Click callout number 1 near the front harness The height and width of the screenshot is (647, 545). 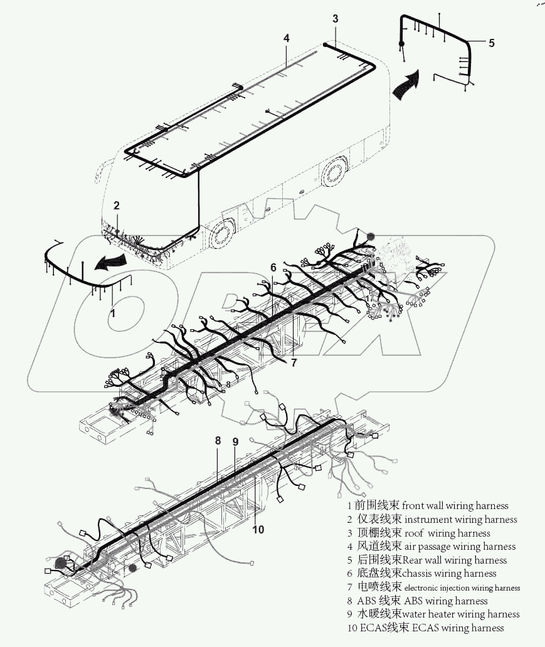tap(113, 312)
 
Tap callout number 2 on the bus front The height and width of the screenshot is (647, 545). tap(117, 205)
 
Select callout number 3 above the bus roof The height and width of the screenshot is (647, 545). tap(336, 19)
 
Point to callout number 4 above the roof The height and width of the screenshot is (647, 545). tap(287, 38)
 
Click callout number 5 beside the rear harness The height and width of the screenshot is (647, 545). tap(491, 43)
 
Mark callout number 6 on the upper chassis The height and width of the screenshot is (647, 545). tap(273, 268)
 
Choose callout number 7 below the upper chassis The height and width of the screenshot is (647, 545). tap(294, 362)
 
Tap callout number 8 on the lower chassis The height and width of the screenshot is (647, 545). tap(218, 441)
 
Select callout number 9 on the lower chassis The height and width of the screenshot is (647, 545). tap(235, 441)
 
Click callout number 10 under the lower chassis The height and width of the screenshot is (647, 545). tap(258, 529)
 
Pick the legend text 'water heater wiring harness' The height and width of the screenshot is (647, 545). tap(461, 614)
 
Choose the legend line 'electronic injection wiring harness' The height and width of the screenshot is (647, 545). tap(462, 588)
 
